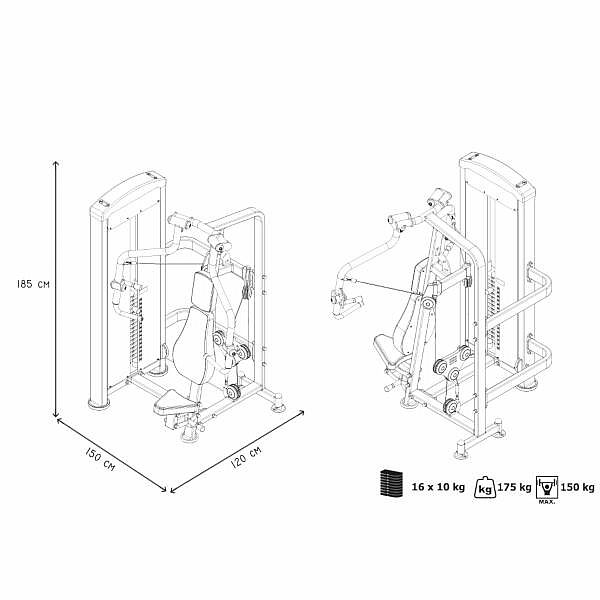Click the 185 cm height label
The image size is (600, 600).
[33, 284]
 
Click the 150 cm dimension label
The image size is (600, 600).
[100, 459]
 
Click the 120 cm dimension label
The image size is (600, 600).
[246, 457]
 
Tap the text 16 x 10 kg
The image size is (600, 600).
[438, 487]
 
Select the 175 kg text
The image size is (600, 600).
[514, 487]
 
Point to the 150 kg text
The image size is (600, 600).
[577, 487]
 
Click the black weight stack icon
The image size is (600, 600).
[391, 483]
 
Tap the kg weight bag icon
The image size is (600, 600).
[485, 487]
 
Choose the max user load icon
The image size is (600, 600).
[547, 489]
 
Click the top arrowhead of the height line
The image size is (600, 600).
[56, 162]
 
